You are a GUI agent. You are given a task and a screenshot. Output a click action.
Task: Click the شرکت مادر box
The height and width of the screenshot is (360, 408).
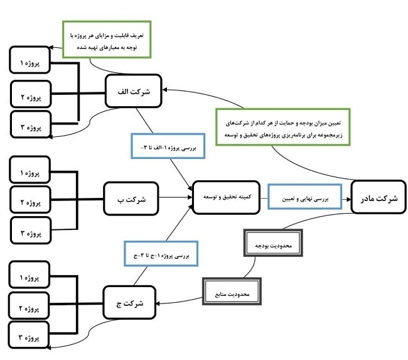(378, 197)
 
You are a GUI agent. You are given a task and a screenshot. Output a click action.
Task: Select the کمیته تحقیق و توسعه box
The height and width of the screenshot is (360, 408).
(226, 197)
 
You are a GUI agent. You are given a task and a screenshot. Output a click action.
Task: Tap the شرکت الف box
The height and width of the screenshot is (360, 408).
(134, 91)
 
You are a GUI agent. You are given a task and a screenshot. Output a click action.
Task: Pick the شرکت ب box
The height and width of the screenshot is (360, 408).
(131, 199)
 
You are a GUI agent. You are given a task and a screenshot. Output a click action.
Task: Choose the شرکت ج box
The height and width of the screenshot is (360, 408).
(129, 302)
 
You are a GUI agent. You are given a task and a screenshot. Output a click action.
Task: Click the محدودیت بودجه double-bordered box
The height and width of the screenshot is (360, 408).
(273, 243)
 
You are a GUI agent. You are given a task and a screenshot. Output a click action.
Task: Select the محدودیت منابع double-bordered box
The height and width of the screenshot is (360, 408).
(232, 292)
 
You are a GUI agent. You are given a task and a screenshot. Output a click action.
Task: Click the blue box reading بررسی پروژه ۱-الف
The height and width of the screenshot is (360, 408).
(168, 146)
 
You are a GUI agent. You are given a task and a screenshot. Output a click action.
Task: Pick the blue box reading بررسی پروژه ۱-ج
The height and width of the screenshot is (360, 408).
(161, 254)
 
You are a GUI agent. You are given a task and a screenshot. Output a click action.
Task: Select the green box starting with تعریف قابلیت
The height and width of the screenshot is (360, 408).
(107, 40)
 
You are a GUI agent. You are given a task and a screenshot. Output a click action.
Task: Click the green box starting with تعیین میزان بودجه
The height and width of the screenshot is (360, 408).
(283, 127)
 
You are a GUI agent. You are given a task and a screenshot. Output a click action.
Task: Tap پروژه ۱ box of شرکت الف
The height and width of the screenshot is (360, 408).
(30, 60)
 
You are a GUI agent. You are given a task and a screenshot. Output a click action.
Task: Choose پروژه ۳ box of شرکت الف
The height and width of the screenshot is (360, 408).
(31, 124)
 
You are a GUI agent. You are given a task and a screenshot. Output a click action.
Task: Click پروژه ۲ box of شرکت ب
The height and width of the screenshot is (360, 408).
(31, 200)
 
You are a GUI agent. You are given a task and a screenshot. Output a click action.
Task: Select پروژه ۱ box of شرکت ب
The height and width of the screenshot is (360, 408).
(30, 170)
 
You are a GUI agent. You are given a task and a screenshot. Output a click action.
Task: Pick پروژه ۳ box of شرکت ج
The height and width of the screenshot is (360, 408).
(29, 335)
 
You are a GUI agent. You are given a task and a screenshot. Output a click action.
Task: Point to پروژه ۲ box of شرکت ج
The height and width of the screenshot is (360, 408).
(29, 305)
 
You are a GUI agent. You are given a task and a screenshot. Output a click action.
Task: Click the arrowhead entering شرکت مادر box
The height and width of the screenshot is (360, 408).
(348, 199)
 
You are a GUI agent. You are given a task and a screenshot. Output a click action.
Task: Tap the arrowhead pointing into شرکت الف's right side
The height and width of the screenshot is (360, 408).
(165, 90)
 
